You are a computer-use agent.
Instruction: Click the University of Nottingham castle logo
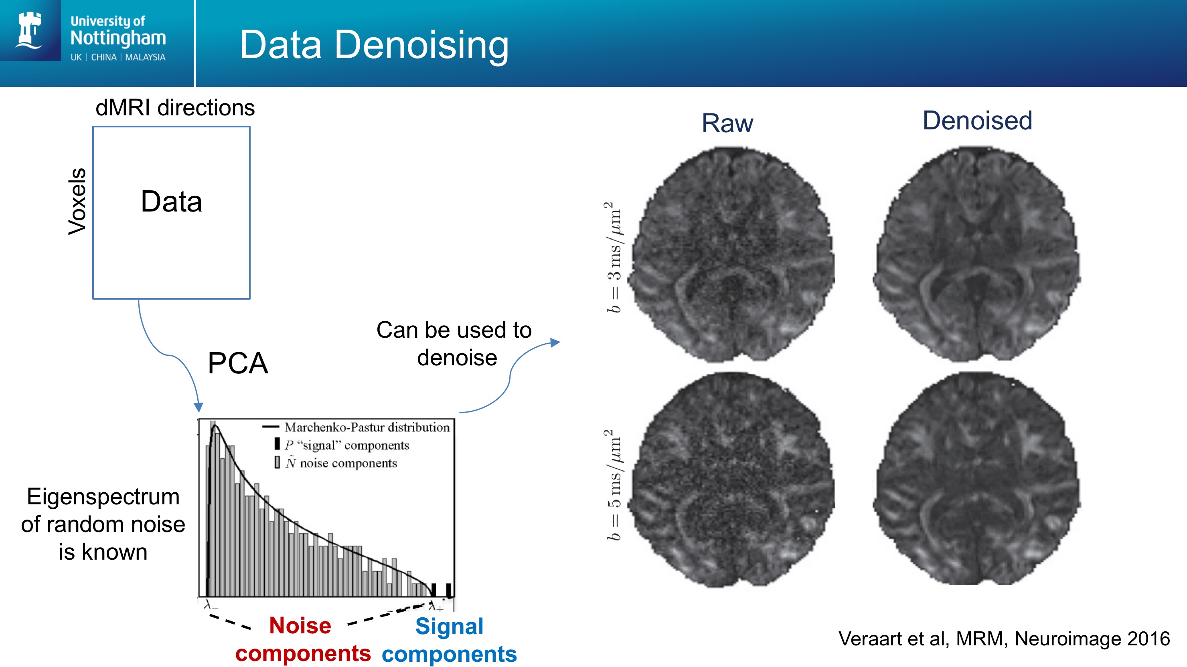coord(30,30)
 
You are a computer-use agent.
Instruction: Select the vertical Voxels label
coord(77,201)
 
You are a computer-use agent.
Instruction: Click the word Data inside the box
coord(171,201)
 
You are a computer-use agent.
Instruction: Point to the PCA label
coord(238,363)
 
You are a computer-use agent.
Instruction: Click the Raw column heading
coord(727,123)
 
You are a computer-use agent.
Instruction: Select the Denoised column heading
coord(977,121)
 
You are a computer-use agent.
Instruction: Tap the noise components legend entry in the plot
coord(340,463)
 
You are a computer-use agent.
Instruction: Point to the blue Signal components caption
coord(449,640)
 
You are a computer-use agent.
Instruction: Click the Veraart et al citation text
coord(1004,639)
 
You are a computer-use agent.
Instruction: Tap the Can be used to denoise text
coord(455,343)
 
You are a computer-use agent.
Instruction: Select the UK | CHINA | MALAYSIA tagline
coord(118,57)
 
